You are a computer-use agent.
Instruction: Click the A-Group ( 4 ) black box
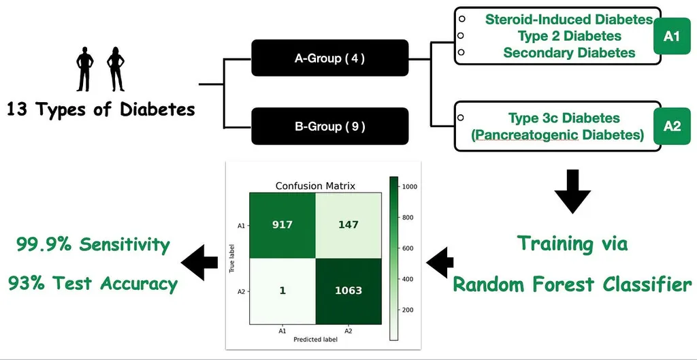click(x=329, y=58)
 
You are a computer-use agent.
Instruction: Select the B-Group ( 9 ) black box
click(x=329, y=126)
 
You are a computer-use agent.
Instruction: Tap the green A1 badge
click(x=671, y=36)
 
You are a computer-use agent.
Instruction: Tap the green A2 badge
click(x=671, y=126)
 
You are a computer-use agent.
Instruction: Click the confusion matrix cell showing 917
click(x=281, y=225)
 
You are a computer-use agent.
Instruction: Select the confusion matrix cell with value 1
click(x=281, y=291)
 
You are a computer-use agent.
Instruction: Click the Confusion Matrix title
click(x=314, y=186)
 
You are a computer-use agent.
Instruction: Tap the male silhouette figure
click(x=85, y=69)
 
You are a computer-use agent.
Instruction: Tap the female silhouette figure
click(x=116, y=69)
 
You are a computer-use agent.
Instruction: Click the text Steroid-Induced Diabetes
click(x=569, y=19)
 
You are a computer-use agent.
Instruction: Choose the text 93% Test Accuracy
click(x=93, y=283)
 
